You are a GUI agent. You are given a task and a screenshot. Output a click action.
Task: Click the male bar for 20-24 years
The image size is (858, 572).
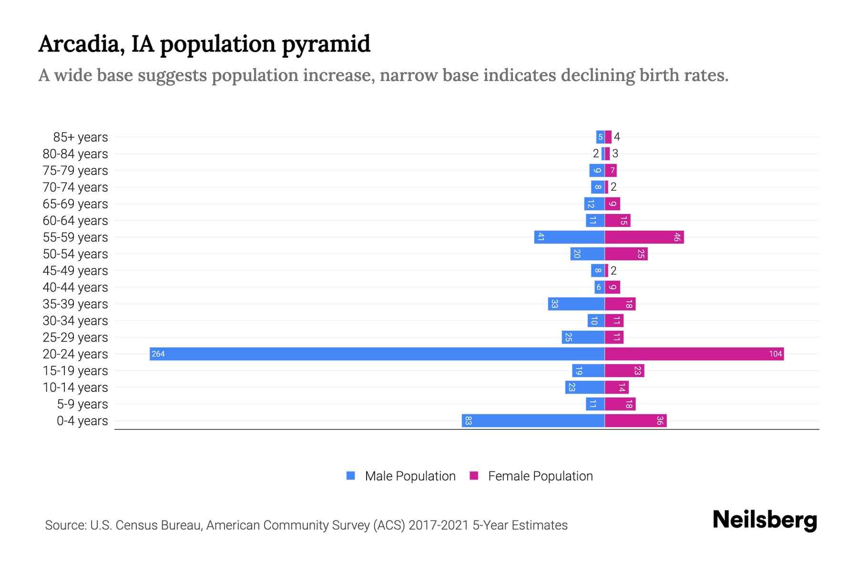pyautogui.click(x=377, y=354)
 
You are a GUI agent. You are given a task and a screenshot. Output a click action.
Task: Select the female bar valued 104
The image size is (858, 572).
pyautogui.click(x=694, y=354)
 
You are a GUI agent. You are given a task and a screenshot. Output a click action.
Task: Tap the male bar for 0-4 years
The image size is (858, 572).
pyautogui.click(x=533, y=420)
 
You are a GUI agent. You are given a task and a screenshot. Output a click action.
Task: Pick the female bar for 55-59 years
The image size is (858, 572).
pyautogui.click(x=644, y=237)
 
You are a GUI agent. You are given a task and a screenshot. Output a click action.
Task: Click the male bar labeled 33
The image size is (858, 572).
pyautogui.click(x=576, y=304)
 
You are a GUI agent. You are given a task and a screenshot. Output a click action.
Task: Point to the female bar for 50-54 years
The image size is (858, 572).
pyautogui.click(x=626, y=254)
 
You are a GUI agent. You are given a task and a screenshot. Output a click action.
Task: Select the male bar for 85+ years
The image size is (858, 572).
pyautogui.click(x=600, y=137)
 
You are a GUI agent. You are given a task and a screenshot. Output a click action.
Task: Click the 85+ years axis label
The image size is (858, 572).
pyautogui.click(x=81, y=137)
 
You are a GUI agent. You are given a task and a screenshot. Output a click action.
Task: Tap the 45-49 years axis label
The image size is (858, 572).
pyautogui.click(x=75, y=271)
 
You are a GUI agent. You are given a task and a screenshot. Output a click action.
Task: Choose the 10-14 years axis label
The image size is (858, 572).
pyautogui.click(x=75, y=388)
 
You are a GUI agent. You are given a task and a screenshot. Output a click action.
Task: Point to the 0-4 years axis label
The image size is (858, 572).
pyautogui.click(x=82, y=421)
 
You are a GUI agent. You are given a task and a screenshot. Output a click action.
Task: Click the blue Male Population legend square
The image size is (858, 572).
pyautogui.click(x=351, y=476)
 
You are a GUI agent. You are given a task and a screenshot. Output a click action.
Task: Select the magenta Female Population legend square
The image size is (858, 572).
pyautogui.click(x=474, y=476)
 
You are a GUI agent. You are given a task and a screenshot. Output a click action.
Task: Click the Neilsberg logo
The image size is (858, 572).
pyautogui.click(x=765, y=520)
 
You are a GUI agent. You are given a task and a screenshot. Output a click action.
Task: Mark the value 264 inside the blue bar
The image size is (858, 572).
pyautogui.click(x=158, y=354)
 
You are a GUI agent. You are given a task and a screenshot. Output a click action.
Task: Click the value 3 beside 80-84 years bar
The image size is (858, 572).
pyautogui.click(x=615, y=153)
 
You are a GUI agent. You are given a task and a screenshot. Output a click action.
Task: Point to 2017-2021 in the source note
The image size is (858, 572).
pyautogui.click(x=439, y=525)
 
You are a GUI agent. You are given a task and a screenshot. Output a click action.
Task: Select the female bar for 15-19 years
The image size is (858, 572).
pyautogui.click(x=624, y=370)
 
